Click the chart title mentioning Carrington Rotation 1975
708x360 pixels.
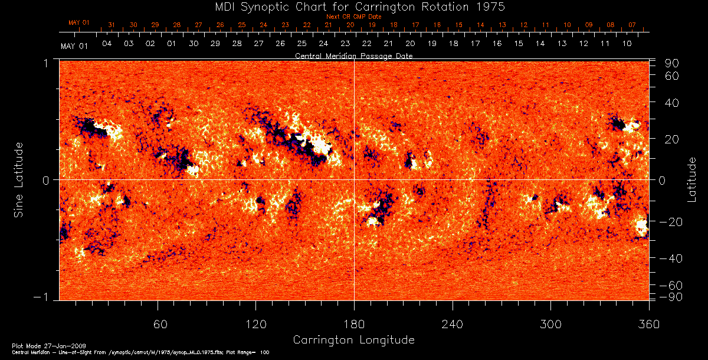click(353, 6)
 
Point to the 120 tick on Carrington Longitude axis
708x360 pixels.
click(255, 325)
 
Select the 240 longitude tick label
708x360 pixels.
click(453, 325)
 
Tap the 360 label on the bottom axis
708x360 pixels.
click(648, 325)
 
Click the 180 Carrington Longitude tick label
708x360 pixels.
click(354, 325)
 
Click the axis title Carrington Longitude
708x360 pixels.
click(353, 340)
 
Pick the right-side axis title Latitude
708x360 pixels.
click(691, 179)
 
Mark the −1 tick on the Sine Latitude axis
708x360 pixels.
click(47, 297)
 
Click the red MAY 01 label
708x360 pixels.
click(78, 22)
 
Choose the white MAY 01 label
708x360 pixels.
click(74, 46)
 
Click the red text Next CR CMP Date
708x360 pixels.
click(354, 17)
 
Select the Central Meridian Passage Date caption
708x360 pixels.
click(353, 56)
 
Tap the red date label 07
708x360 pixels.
click(632, 25)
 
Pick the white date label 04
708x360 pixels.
click(107, 44)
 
